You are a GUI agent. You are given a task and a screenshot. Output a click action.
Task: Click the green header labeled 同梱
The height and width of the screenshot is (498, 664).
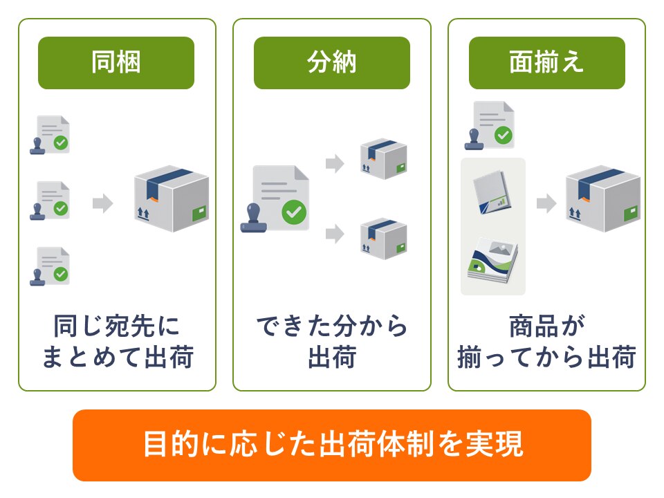[116, 63]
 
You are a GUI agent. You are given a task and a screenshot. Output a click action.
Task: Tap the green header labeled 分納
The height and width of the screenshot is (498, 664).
[331, 63]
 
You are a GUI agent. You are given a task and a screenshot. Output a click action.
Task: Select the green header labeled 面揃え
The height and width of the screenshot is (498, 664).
[546, 63]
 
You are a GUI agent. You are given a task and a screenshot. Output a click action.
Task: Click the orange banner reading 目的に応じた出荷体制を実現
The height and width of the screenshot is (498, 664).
[331, 445]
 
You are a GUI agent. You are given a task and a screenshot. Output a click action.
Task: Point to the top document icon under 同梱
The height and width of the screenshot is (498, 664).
[50, 135]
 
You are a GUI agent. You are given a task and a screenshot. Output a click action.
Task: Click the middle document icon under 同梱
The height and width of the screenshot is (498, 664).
[50, 201]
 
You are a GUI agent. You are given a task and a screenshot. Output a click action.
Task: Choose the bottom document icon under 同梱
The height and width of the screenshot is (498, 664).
[50, 266]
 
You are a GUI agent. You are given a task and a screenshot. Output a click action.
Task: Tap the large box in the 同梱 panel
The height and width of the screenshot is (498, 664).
[172, 199]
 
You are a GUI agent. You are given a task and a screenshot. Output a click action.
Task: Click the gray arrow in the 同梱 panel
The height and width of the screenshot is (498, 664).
[103, 203]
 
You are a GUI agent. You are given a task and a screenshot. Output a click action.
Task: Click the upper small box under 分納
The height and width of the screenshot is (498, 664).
[384, 159]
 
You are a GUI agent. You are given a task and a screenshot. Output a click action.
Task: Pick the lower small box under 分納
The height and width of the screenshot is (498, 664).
[384, 239]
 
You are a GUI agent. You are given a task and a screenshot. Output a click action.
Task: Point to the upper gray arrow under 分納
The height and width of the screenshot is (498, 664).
[335, 163]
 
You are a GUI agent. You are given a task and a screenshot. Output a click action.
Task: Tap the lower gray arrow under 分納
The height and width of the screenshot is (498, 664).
[335, 234]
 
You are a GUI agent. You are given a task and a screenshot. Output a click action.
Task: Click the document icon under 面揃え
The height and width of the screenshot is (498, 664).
[490, 125]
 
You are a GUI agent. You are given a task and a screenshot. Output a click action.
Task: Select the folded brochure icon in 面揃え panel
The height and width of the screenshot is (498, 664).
[492, 193]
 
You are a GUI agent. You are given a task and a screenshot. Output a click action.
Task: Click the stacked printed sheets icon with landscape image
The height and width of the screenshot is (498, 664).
[493, 260]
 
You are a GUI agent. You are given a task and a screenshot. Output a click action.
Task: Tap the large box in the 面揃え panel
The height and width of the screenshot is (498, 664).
[603, 199]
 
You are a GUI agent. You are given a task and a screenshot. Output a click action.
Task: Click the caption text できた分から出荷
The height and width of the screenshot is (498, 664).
[332, 341]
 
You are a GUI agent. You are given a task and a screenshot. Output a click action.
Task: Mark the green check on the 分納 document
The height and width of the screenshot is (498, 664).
[295, 212]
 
